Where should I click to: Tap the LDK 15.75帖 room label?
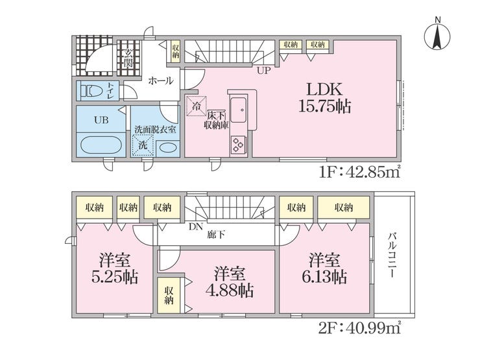point(324,98)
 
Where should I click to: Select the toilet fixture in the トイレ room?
point(91,91)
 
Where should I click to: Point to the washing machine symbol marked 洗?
point(143,145)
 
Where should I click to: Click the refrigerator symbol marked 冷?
point(197,106)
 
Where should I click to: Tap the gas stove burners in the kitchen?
point(239,144)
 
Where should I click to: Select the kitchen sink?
point(239,110)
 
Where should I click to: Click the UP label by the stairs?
point(263,71)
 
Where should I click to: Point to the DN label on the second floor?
point(197,227)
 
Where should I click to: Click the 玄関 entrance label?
point(128,58)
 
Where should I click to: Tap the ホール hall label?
point(161,81)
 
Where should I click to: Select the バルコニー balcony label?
point(392,256)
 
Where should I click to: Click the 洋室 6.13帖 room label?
point(324,269)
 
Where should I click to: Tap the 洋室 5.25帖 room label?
point(115,269)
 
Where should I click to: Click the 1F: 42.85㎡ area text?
point(360,173)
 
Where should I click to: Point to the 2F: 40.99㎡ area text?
point(360,328)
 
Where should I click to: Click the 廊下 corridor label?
point(216,235)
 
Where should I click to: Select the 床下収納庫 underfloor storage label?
point(217,120)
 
